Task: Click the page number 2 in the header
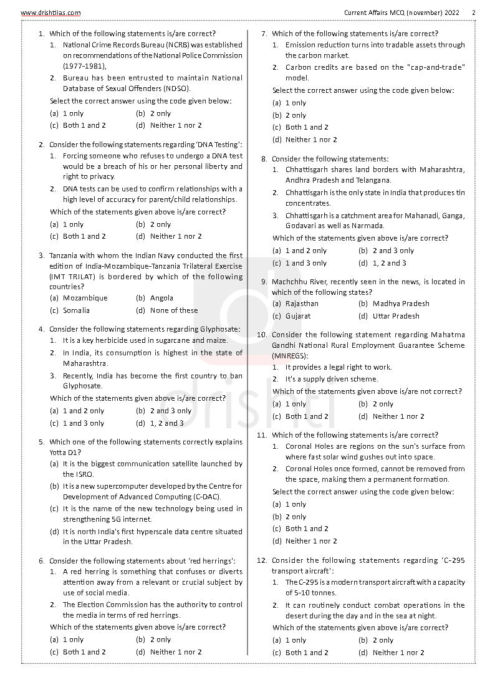[x=473, y=12]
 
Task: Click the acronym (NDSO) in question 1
[x=177, y=89]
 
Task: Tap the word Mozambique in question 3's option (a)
[x=85, y=298]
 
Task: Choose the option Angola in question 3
[x=161, y=298]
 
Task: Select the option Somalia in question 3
[x=76, y=310]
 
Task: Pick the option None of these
[x=174, y=310]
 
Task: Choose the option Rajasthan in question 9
[x=302, y=304]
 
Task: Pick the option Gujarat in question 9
[x=297, y=316]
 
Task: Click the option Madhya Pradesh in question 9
[x=401, y=304]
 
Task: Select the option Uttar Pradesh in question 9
[x=396, y=316]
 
